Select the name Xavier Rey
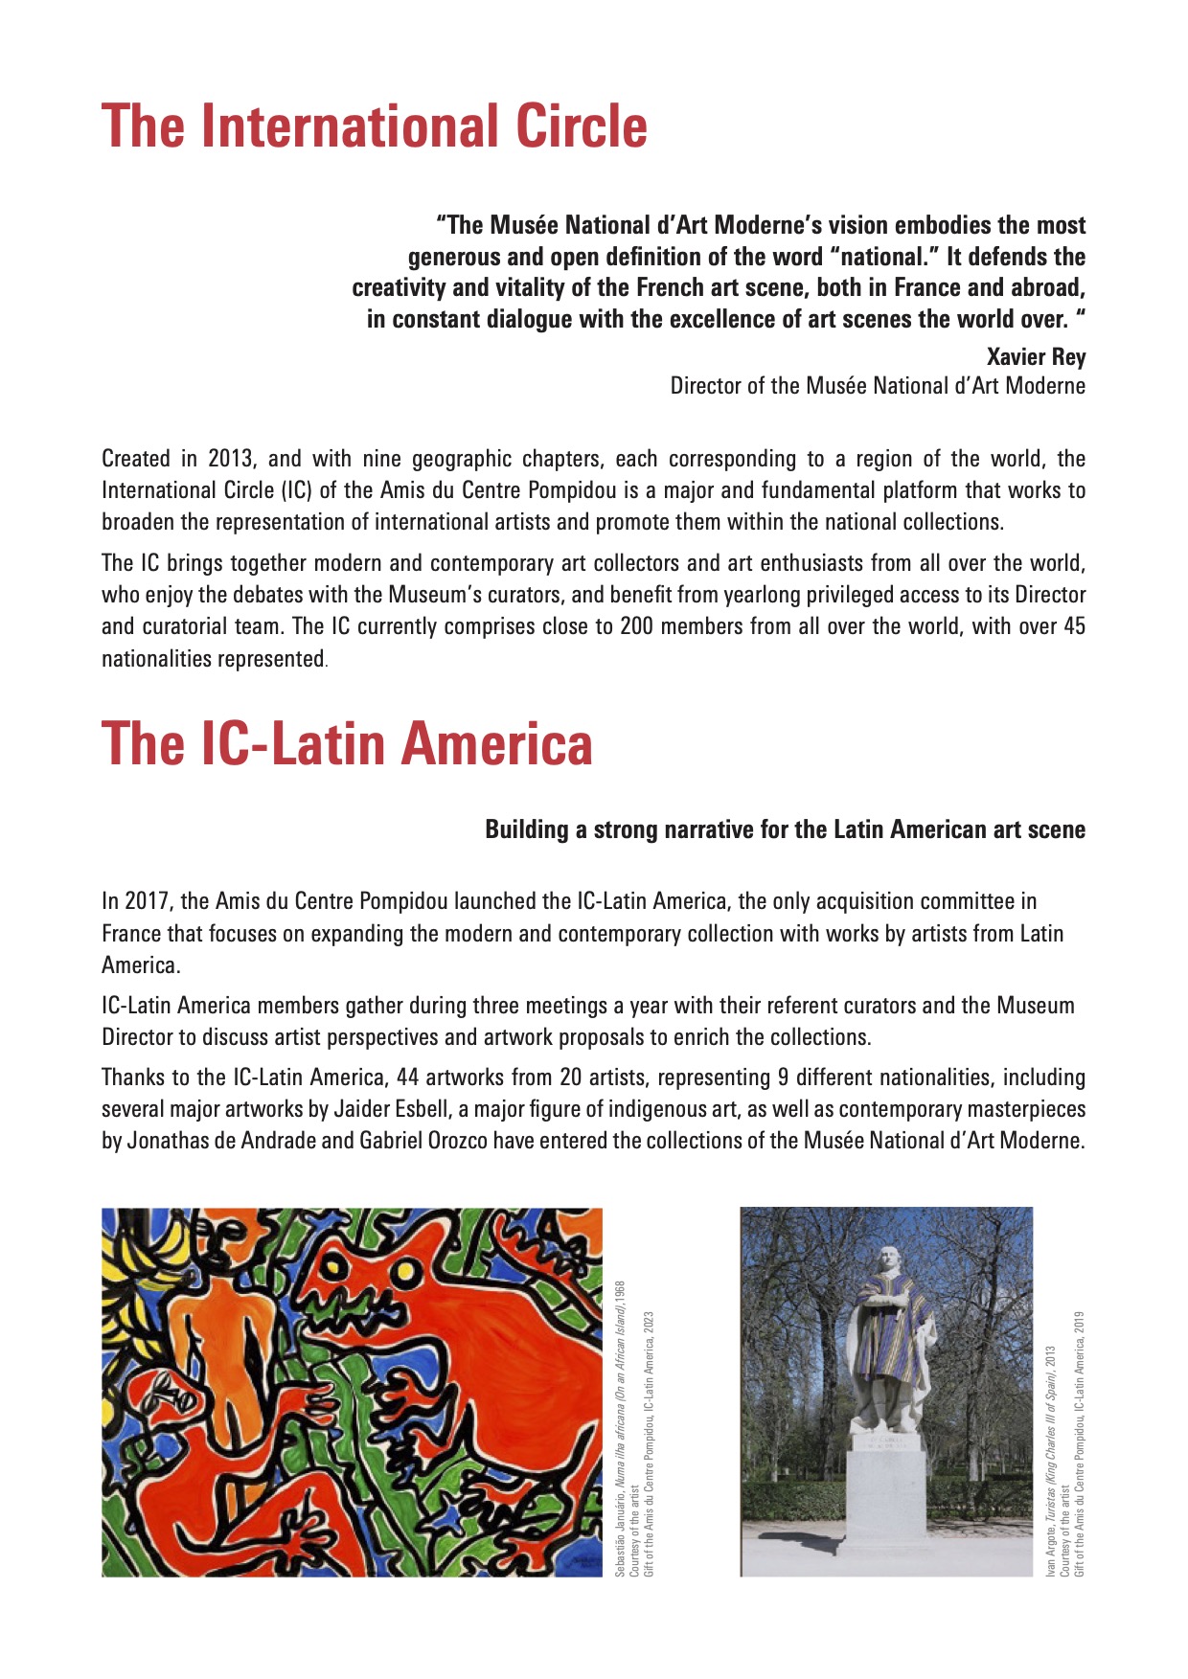tap(1036, 357)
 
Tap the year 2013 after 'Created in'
tap(230, 459)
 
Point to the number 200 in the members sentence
tap(637, 626)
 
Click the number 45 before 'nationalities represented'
tap(1074, 626)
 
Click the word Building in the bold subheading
tap(526, 829)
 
